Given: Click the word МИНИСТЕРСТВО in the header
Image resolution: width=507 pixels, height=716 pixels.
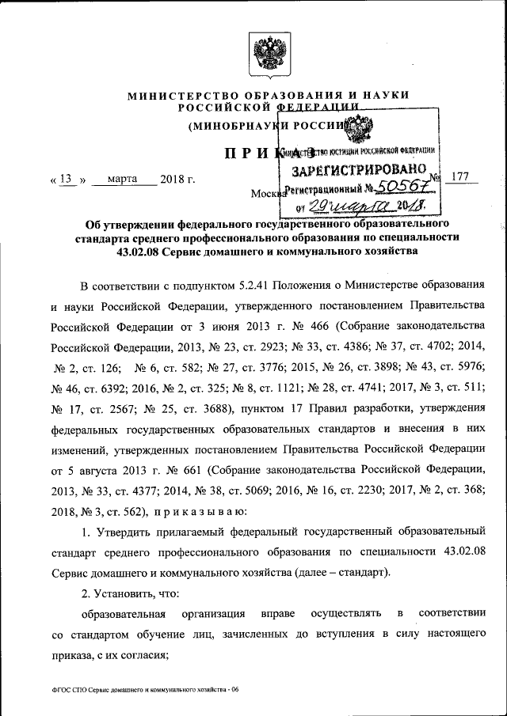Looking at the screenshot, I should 177,95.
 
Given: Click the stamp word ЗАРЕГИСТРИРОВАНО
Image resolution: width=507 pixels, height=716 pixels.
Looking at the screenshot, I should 363,169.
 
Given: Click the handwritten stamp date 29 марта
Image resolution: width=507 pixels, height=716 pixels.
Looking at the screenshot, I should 345,205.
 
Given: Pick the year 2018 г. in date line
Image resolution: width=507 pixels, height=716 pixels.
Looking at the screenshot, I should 177,179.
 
